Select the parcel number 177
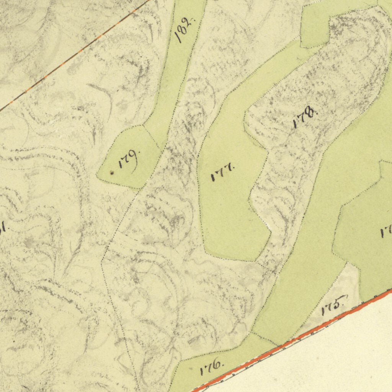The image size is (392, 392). pos(222,172)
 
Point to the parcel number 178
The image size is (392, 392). pos(305,118)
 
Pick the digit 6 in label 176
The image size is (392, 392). pos(217,364)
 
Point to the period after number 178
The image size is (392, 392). pos(317,113)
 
